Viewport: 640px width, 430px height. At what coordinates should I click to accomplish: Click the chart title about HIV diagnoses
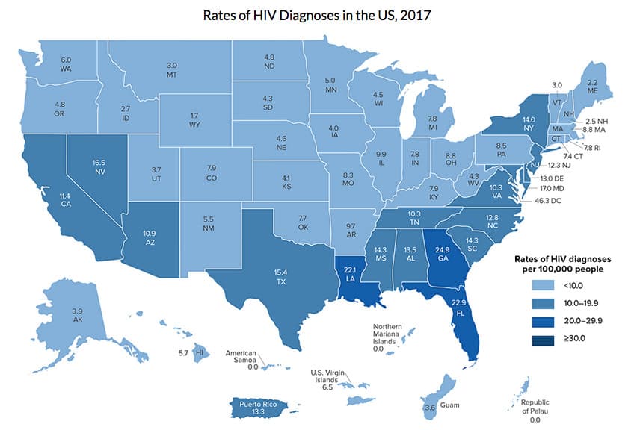[319, 16]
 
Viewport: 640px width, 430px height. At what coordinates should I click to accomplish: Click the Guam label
[446, 408]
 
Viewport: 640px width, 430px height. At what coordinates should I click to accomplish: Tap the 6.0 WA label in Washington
[66, 63]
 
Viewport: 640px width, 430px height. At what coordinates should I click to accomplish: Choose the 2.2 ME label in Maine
[593, 88]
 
